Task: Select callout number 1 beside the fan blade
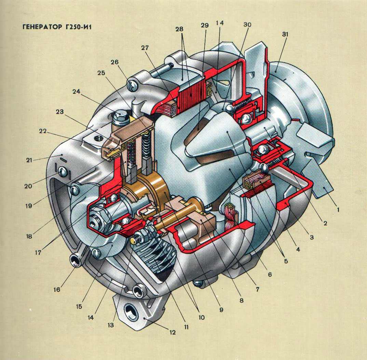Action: click(338, 210)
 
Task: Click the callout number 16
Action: click(57, 289)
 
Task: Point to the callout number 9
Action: click(221, 310)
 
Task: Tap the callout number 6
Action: click(270, 274)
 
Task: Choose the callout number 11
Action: click(186, 327)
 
